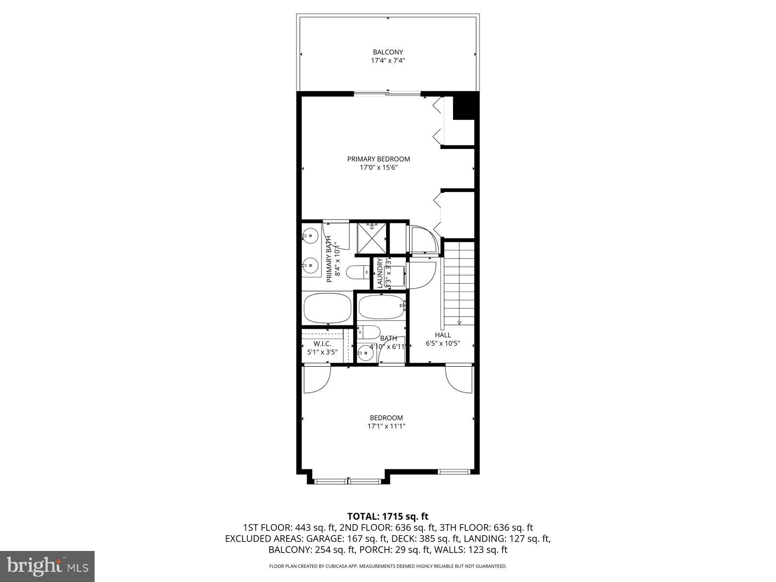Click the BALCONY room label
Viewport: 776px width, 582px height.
(388, 52)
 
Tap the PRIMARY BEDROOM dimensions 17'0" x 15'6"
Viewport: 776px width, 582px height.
(378, 168)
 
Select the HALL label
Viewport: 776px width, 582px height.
(442, 335)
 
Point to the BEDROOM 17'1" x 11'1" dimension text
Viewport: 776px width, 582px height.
(386, 426)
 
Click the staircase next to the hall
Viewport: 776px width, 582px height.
(459, 283)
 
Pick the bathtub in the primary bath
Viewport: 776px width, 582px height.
(328, 308)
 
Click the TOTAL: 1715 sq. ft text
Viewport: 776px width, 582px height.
(388, 516)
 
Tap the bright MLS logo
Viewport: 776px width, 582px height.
(48, 565)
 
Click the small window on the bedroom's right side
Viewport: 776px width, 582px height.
(454, 471)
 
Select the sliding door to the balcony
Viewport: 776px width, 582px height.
(387, 93)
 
